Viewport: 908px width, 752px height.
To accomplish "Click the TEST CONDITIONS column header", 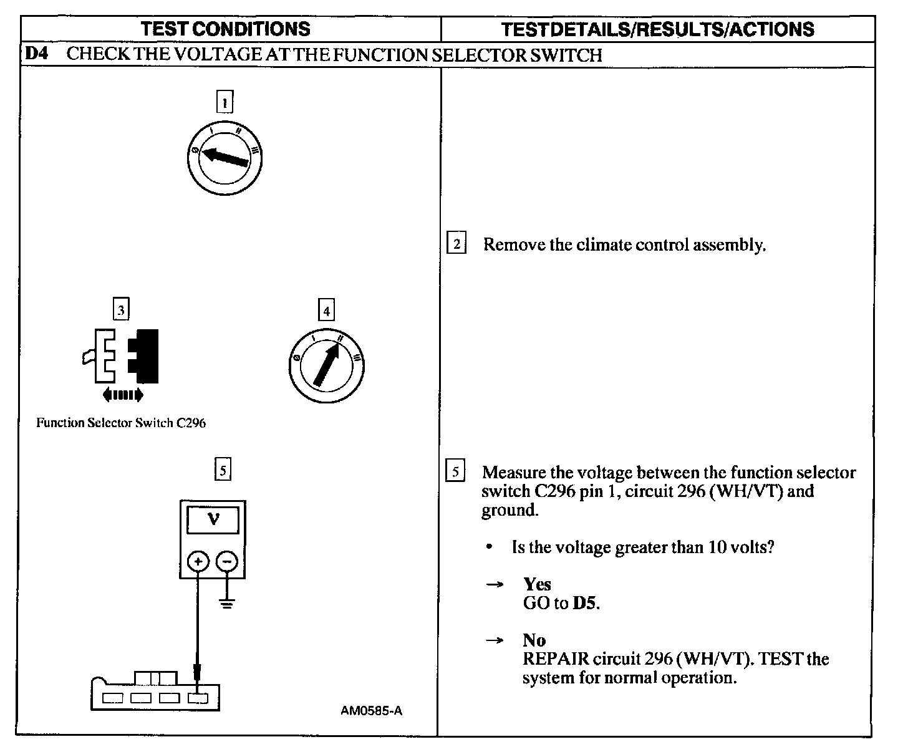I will [x=225, y=29].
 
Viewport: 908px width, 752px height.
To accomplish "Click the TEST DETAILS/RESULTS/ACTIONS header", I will [x=657, y=29].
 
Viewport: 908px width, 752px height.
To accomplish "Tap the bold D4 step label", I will [x=36, y=54].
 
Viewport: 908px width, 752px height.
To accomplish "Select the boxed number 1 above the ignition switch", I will [x=225, y=101].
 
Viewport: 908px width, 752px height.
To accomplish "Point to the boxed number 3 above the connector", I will [x=121, y=309].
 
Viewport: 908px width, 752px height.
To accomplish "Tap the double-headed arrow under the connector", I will [x=123, y=395].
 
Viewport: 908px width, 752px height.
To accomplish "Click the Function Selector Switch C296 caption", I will [x=121, y=423].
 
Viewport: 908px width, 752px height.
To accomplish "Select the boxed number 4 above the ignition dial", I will [x=326, y=309].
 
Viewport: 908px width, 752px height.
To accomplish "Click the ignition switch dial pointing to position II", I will [x=326, y=365].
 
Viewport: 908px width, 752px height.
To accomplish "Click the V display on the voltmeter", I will [x=213, y=519].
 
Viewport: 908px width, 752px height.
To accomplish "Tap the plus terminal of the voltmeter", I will [x=198, y=562].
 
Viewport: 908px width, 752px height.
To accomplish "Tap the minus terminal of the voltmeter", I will [x=227, y=562].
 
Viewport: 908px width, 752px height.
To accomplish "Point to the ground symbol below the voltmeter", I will [x=227, y=603].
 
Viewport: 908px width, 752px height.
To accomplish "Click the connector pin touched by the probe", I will [x=198, y=698].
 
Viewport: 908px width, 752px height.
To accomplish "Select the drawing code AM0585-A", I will [x=372, y=710].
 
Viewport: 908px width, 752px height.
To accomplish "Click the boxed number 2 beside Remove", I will [x=456, y=244].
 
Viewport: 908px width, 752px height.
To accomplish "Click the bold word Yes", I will [x=537, y=584].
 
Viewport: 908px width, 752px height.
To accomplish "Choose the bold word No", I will [x=534, y=640].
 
